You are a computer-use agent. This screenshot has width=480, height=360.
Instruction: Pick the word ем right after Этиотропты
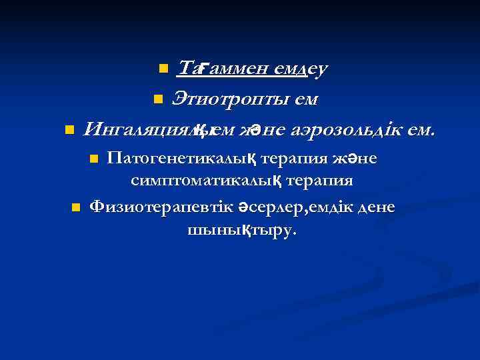(x=303, y=99)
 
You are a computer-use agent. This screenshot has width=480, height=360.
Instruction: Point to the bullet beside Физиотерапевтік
(x=75, y=207)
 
